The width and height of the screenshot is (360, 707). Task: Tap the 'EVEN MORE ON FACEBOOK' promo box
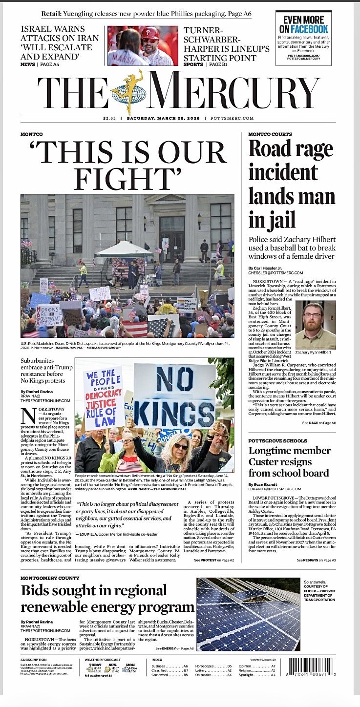tap(303, 38)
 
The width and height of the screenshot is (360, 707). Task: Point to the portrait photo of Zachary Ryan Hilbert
tap(316, 326)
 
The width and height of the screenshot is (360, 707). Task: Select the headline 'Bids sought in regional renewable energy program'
tap(107, 599)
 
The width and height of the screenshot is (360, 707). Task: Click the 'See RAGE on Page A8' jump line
tap(318, 422)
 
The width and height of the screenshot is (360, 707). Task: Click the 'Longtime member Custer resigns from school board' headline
tap(288, 461)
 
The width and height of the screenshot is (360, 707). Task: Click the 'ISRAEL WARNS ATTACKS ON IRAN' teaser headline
tap(60, 43)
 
